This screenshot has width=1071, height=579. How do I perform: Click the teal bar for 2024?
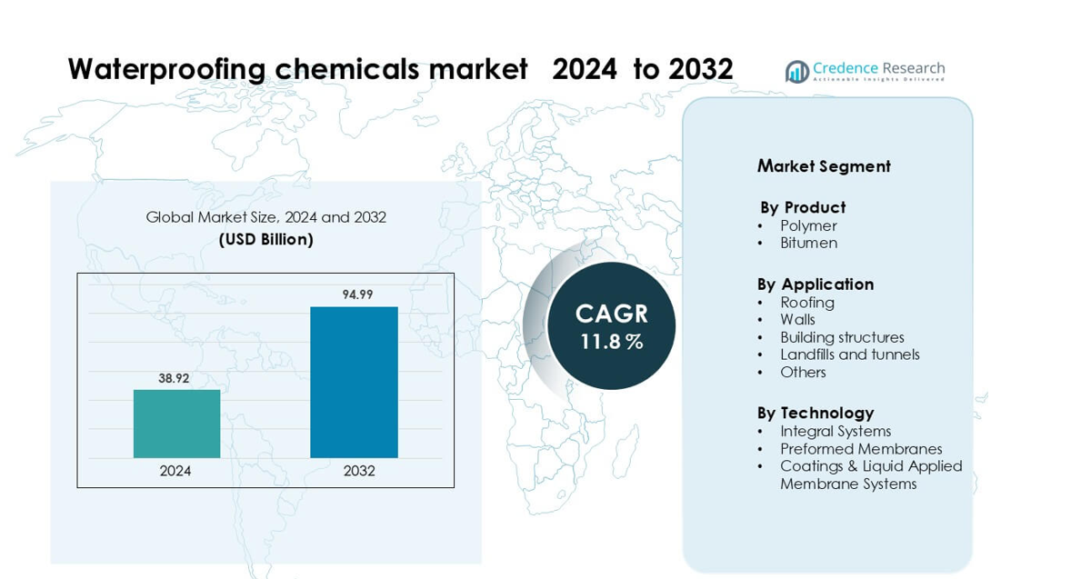tap(176, 424)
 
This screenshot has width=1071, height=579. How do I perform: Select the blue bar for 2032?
tap(354, 382)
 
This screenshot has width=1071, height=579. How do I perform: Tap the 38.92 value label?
tap(174, 378)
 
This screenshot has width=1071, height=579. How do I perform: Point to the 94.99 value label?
tap(357, 294)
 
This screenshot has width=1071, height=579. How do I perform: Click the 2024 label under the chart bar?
tap(175, 471)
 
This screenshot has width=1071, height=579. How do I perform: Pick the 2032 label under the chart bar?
tap(359, 471)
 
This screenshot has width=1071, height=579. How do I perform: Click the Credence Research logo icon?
tap(797, 72)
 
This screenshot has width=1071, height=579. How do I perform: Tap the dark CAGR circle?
tap(611, 325)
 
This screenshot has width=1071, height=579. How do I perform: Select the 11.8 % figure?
tap(612, 342)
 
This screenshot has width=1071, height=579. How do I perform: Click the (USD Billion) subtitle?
tap(265, 239)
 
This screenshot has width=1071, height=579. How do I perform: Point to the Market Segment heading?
tap(824, 166)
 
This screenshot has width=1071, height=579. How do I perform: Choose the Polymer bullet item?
tap(808, 225)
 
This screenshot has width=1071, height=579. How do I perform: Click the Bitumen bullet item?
tap(808, 243)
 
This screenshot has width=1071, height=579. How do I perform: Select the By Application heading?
tap(816, 284)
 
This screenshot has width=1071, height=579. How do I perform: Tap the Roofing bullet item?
tap(806, 302)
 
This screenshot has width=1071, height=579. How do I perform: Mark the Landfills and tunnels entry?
tap(849, 354)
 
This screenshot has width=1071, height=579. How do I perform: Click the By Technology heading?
tap(816, 413)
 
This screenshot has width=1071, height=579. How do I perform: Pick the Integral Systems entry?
tap(835, 431)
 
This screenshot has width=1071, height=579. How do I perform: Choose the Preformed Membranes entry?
tap(860, 449)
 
